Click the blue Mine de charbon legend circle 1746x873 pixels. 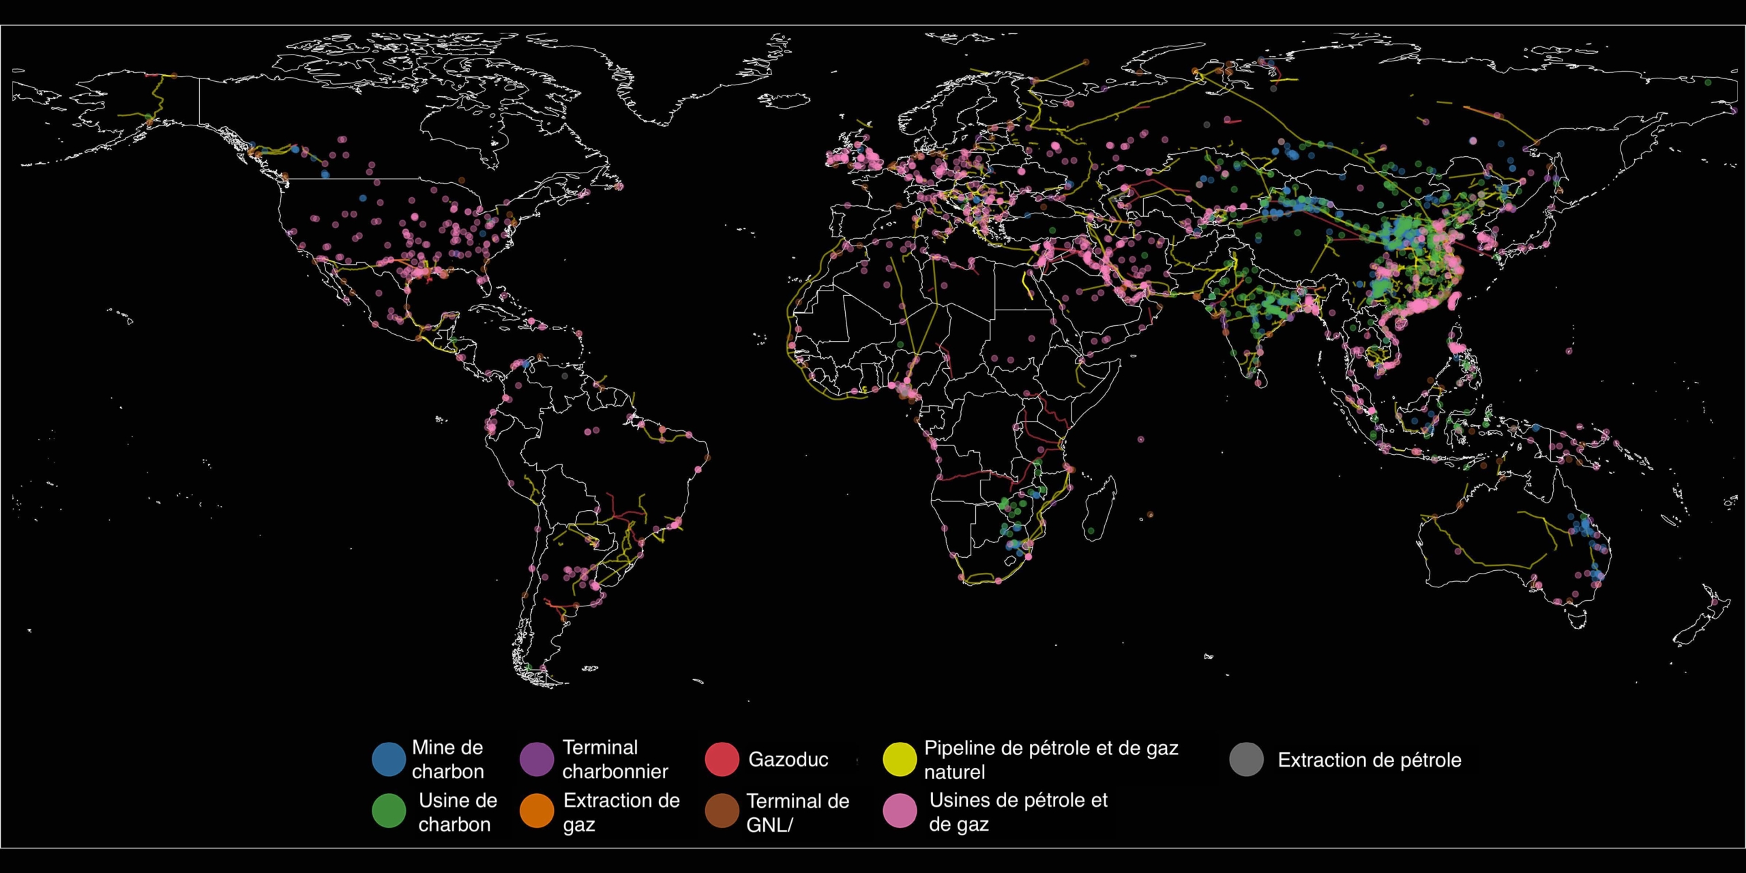coord(389,759)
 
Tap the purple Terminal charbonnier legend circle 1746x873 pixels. coord(537,759)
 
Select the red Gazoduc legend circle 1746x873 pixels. coord(722,759)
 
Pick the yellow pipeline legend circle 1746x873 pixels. coord(900,759)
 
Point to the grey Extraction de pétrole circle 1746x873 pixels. coord(1246,759)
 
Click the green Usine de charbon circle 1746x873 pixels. coord(389,811)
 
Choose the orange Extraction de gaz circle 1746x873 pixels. coord(537,811)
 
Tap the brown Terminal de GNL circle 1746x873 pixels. coord(722,811)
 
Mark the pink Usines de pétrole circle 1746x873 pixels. coord(900,811)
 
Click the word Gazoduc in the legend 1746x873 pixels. coord(788,759)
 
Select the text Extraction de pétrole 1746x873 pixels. coord(1369,760)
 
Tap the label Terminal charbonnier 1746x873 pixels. coord(615,759)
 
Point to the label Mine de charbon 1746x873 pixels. coord(447,759)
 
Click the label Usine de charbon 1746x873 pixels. coord(457,812)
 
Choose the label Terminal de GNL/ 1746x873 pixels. coord(797,812)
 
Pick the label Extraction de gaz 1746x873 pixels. coord(621,812)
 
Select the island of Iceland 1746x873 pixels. coord(784,101)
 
